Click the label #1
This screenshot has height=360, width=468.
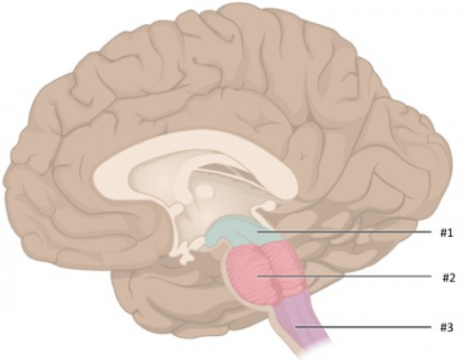tap(447, 233)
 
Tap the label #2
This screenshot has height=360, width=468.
tap(448, 278)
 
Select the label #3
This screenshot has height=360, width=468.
tap(447, 327)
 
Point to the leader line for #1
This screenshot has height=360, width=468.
tap(344, 232)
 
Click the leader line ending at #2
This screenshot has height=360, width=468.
tap(345, 276)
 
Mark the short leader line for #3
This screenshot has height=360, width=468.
tap(363, 327)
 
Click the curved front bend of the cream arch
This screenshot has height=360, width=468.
tap(104, 176)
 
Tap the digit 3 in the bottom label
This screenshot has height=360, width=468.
tap(450, 327)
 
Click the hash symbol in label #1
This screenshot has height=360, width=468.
tap(444, 233)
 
